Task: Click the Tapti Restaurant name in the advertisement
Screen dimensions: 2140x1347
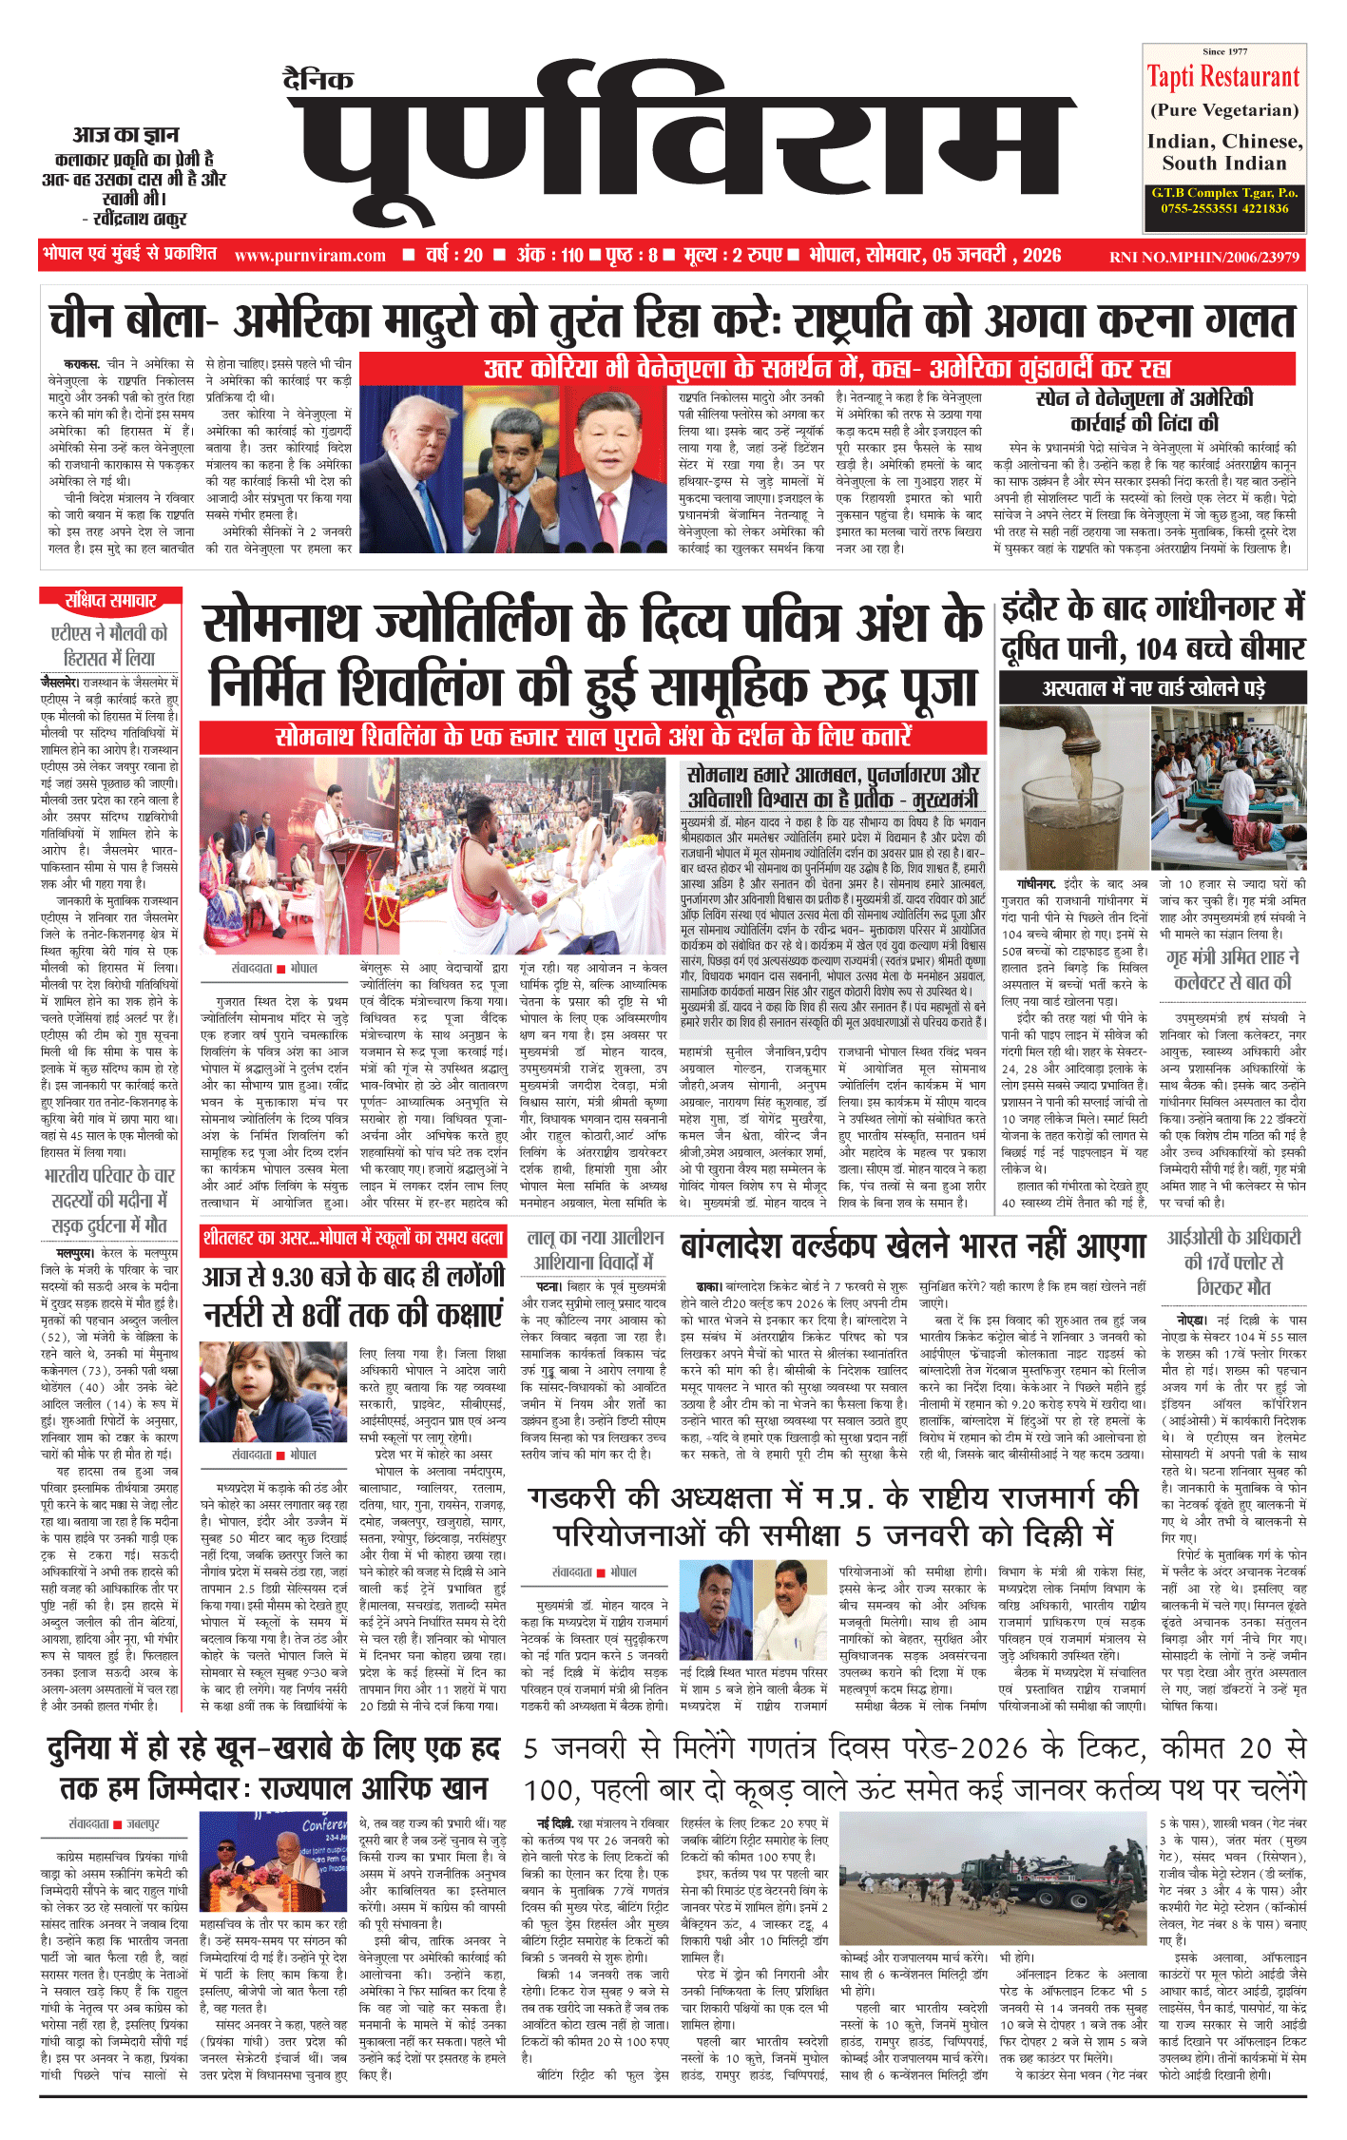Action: tap(1222, 76)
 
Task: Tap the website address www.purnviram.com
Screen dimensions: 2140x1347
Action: tap(310, 256)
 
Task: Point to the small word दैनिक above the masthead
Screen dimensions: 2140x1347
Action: tap(318, 80)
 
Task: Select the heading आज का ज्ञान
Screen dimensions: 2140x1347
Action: tap(125, 134)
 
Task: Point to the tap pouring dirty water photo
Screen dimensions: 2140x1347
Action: tap(1072, 785)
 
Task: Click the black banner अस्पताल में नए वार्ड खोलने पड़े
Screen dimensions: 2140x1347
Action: tap(1153, 687)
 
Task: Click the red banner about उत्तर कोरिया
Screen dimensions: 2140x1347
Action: tap(827, 368)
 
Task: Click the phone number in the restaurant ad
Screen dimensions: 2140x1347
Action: tap(1224, 208)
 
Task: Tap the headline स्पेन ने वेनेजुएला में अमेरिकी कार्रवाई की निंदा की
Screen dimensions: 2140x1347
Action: tap(1145, 410)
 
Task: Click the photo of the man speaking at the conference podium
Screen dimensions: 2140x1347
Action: tap(274, 1860)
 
